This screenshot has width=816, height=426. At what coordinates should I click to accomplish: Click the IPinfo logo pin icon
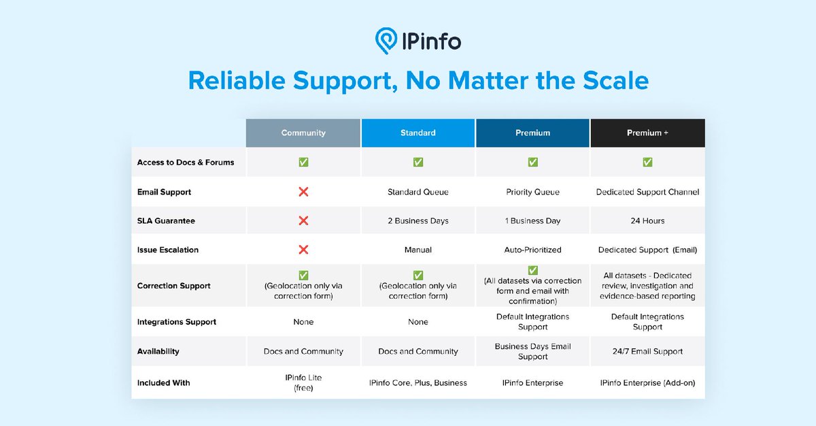pyautogui.click(x=387, y=41)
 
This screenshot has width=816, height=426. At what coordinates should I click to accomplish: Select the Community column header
pyautogui.click(x=303, y=133)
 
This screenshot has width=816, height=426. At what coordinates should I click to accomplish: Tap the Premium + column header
pyautogui.click(x=647, y=133)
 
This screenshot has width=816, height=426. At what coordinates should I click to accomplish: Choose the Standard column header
pyautogui.click(x=418, y=133)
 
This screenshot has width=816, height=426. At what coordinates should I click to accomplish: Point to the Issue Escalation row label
pyautogui.click(x=168, y=250)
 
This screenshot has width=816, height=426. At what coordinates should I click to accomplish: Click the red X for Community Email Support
pyautogui.click(x=303, y=192)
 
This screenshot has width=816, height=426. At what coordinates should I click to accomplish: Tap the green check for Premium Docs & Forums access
pyautogui.click(x=532, y=162)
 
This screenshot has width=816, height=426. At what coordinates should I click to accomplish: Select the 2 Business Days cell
pyautogui.click(x=418, y=221)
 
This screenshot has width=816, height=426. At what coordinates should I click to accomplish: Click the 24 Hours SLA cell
pyautogui.click(x=647, y=221)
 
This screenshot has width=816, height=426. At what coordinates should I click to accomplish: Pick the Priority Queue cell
pyautogui.click(x=532, y=192)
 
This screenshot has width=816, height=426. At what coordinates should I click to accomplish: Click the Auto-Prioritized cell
pyautogui.click(x=532, y=250)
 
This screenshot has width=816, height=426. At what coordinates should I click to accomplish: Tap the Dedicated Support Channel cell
pyautogui.click(x=647, y=192)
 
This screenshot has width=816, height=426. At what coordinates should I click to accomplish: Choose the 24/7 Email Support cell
pyautogui.click(x=647, y=352)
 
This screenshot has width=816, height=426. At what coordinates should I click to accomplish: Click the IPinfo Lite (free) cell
pyautogui.click(x=303, y=382)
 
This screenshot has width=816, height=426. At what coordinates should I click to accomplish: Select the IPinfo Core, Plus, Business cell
pyautogui.click(x=418, y=383)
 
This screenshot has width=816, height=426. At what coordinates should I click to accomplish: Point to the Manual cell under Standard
pyautogui.click(x=418, y=250)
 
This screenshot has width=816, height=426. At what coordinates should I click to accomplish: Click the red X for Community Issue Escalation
pyautogui.click(x=303, y=250)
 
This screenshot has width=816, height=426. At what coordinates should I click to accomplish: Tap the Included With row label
pyautogui.click(x=163, y=383)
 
